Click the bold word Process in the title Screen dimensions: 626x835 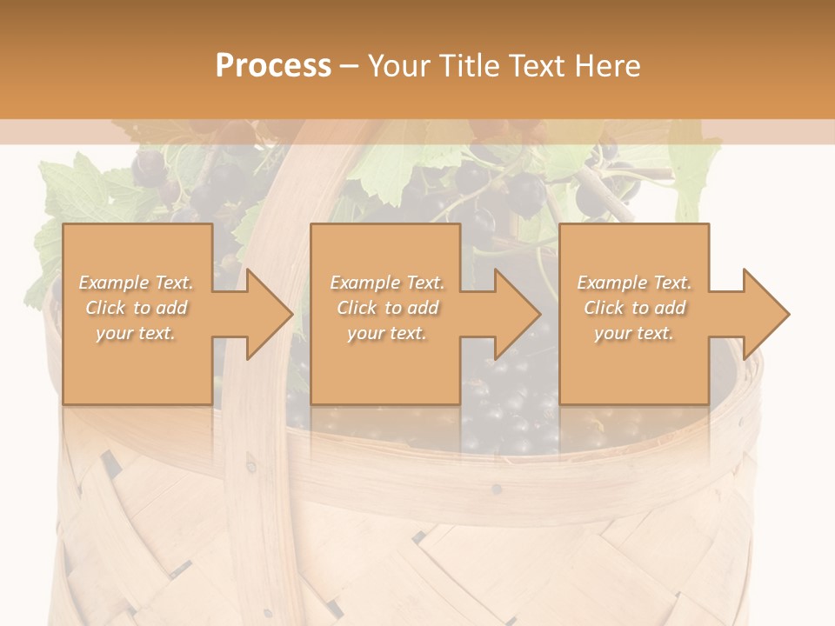tap(273, 66)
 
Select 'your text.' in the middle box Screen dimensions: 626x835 tap(386, 333)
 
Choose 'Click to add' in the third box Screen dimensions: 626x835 tap(634, 308)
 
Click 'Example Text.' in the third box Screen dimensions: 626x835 tap(634, 283)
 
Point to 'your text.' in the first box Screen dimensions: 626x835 tap(136, 333)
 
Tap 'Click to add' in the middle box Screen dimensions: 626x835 tap(386, 308)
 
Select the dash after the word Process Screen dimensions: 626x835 tap(350, 66)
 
